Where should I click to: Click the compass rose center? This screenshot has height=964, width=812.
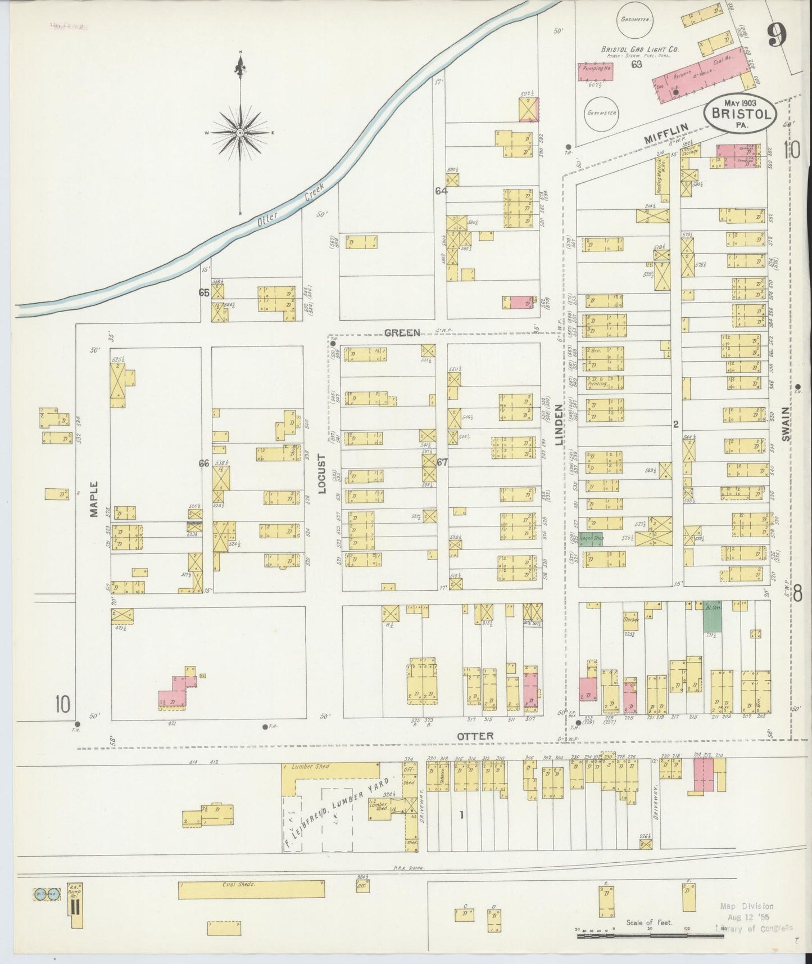click(x=240, y=133)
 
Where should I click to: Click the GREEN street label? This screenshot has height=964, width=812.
click(x=402, y=332)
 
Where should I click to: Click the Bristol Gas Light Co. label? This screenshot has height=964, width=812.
click(x=640, y=49)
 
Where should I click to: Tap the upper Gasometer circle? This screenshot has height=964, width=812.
click(x=635, y=20)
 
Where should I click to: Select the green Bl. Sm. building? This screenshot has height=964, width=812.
click(x=713, y=617)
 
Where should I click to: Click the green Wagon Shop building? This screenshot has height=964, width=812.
click(x=591, y=538)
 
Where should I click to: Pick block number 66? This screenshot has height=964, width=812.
click(x=203, y=463)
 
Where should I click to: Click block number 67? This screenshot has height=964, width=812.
click(x=442, y=462)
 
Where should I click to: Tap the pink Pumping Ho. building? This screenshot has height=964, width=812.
click(x=594, y=71)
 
